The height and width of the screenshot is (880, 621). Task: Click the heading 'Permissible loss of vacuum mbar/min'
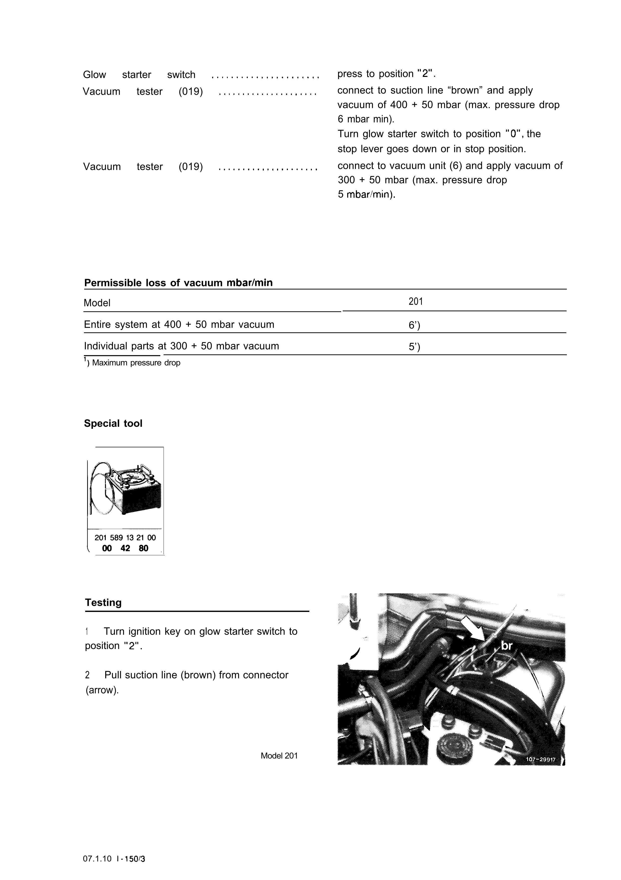[178, 283]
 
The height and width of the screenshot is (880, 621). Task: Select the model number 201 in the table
[416, 302]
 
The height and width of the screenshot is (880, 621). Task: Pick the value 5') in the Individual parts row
[414, 347]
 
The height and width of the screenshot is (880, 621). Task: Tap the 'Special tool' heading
[113, 424]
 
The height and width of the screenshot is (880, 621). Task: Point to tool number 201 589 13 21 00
[125, 538]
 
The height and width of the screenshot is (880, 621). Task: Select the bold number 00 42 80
[125, 549]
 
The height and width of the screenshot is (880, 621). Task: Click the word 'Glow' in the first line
[94, 75]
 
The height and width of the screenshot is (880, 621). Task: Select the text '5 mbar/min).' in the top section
[366, 195]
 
